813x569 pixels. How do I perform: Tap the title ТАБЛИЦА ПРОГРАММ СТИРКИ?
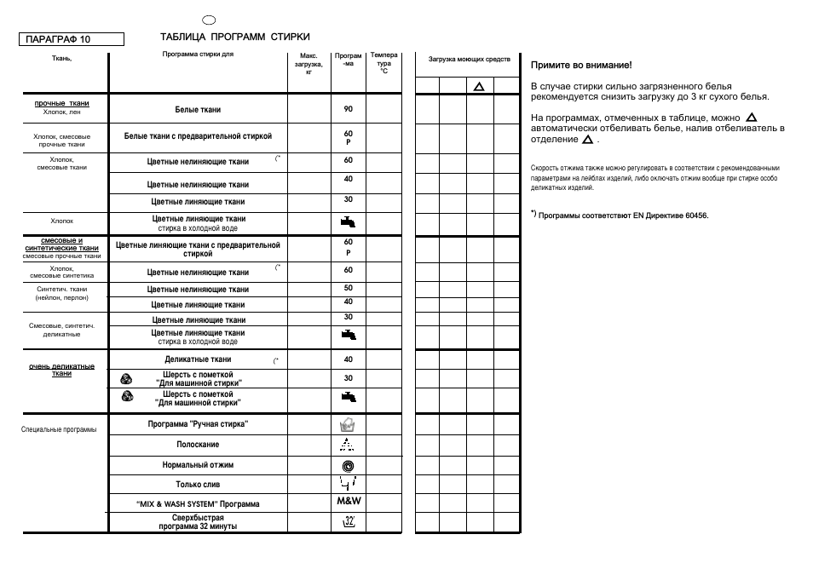235,37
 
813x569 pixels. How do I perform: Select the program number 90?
348,109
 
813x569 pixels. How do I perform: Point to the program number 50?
348,288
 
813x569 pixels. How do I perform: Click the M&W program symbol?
349,502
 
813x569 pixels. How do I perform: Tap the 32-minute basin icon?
348,521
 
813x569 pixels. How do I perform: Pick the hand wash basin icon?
348,424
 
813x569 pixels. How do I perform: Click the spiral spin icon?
348,465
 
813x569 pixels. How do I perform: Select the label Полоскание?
198,445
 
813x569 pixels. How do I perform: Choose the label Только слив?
198,485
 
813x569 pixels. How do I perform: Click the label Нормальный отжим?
198,465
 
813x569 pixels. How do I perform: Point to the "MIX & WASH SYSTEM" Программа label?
198,504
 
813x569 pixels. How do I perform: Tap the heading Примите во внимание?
581,65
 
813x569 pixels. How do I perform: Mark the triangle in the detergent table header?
479,86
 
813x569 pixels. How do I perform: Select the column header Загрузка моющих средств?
469,60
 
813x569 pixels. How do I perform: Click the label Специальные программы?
59,429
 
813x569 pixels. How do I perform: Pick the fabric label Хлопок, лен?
61,112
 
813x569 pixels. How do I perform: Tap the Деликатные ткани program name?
198,359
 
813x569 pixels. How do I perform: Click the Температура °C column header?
383,63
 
